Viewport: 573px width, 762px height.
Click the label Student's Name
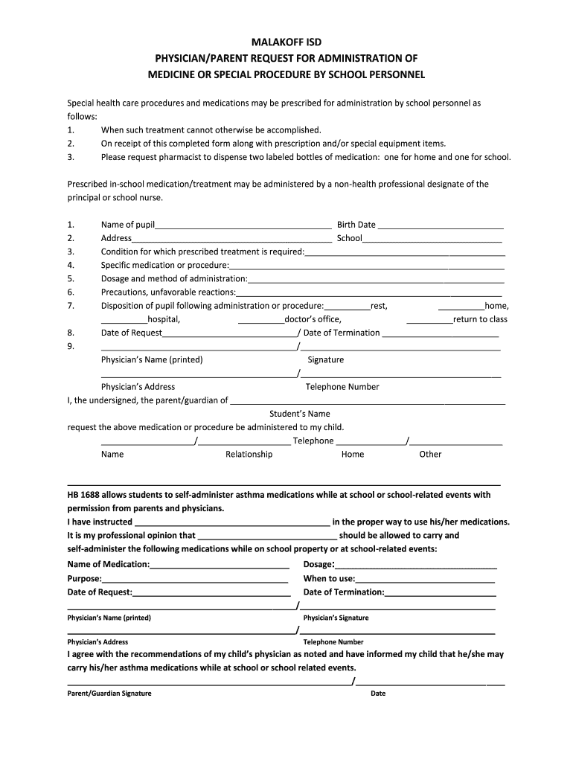(299, 414)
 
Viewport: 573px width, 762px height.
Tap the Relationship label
(249, 454)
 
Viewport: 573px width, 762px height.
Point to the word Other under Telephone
(430, 454)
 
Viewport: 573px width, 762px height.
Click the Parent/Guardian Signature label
(109, 694)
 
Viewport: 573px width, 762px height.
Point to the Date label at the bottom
(378, 694)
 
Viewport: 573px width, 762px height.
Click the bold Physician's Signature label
(336, 618)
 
